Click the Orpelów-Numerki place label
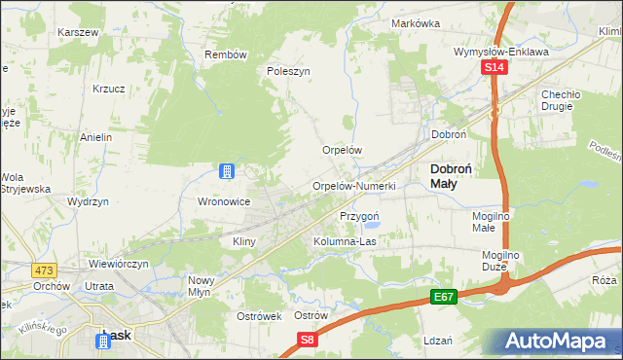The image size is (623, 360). (x=352, y=186)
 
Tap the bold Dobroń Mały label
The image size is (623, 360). (x=452, y=175)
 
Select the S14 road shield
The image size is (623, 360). (x=495, y=67)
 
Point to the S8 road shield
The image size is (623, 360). (x=308, y=339)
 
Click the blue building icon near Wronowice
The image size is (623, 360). (x=226, y=172)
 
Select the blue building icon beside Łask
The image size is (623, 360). (x=104, y=341)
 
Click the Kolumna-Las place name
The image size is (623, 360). (x=345, y=240)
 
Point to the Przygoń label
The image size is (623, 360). (x=358, y=216)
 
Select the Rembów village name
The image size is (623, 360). (x=226, y=54)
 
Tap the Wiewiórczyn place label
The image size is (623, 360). (x=118, y=264)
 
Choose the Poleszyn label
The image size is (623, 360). (x=288, y=71)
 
